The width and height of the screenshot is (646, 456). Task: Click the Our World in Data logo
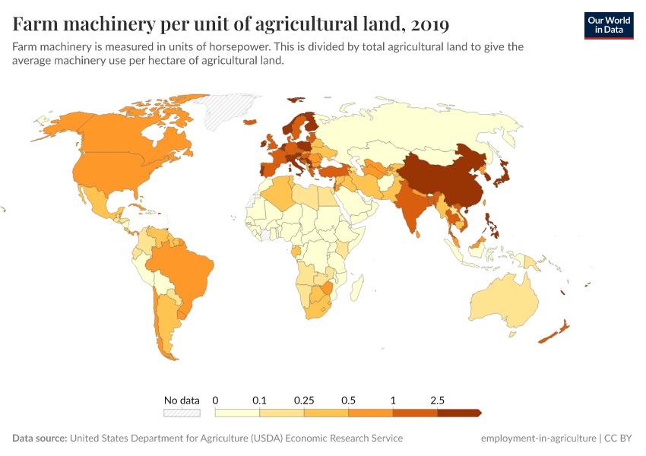pos(608,25)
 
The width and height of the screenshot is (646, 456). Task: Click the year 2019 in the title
pos(429,24)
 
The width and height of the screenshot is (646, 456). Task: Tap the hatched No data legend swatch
pos(182,413)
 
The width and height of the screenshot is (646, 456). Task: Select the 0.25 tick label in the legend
pos(304,400)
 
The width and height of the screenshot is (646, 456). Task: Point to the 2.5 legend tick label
pos(437,400)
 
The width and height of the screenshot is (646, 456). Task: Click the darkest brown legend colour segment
pos(458,413)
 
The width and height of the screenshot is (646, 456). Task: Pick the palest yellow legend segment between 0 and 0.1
pos(237,413)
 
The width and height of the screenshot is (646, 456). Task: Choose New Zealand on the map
pos(558,331)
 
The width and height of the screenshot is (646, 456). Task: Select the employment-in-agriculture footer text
pos(538,439)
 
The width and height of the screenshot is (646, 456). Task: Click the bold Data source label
pos(40,439)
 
